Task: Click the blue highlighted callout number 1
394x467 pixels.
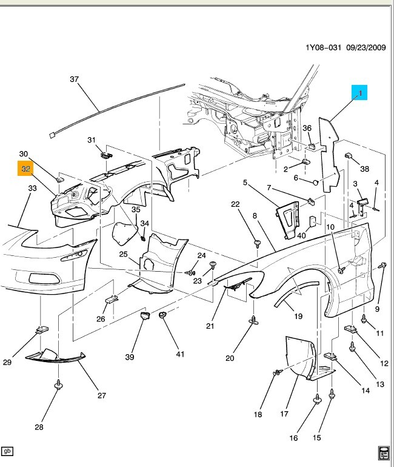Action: [x=359, y=93]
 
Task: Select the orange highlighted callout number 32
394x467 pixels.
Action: [x=25, y=170]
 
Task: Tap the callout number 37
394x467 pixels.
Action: [x=75, y=79]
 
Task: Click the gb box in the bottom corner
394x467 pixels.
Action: [x=8, y=451]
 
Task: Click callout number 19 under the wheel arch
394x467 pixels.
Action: [x=298, y=316]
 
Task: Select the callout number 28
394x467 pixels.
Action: [x=39, y=427]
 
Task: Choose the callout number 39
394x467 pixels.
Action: [x=129, y=358]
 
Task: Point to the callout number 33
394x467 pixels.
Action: [x=32, y=189]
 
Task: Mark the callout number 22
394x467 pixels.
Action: [x=236, y=204]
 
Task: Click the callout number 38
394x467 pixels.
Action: [x=364, y=169]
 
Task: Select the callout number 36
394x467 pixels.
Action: [x=307, y=128]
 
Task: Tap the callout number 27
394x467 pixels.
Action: [x=101, y=395]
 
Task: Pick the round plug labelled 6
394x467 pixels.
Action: [x=316, y=181]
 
